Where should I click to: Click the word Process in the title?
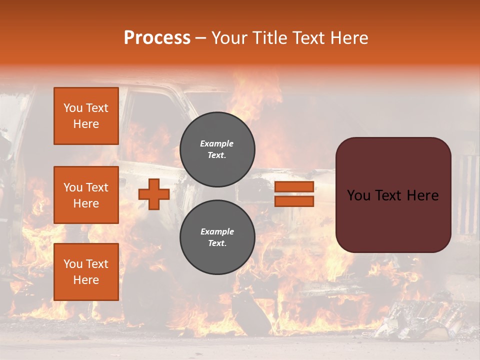[157, 38]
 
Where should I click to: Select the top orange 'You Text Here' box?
[86, 116]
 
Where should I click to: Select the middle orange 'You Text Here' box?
[86, 195]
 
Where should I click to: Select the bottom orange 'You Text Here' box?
[86, 272]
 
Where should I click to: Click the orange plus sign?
[154, 194]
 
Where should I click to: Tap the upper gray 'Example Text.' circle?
[217, 149]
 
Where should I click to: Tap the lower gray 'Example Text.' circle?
[217, 237]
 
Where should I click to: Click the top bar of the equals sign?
[294, 187]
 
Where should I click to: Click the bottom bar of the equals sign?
[294, 201]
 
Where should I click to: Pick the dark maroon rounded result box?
[393, 220]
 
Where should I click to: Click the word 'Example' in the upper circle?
[217, 143]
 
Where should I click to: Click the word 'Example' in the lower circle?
[217, 231]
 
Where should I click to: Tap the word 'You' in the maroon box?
[358, 195]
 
